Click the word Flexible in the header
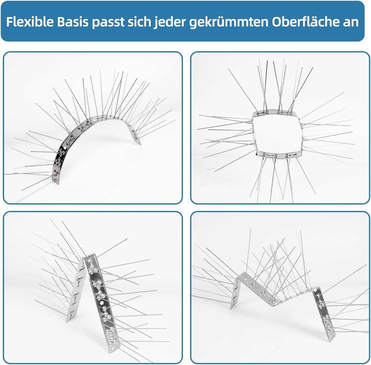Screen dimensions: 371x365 (30, 22)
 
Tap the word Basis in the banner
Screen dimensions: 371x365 (73, 22)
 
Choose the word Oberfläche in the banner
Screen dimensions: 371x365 (306, 22)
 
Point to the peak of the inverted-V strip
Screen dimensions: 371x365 (88, 255)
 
